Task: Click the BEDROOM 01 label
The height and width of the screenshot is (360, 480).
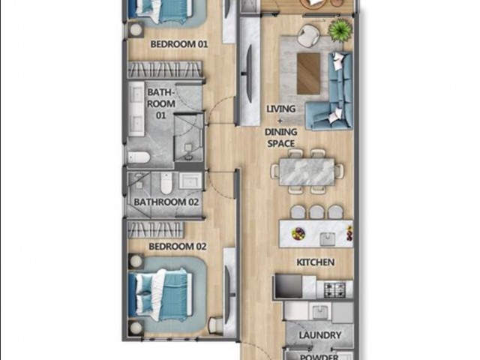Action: click(178, 44)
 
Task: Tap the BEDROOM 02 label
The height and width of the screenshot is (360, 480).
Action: click(178, 246)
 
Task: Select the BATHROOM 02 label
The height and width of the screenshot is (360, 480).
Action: click(166, 202)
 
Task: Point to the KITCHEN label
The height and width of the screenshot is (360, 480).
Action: click(315, 262)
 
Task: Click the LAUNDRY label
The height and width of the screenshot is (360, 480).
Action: click(320, 335)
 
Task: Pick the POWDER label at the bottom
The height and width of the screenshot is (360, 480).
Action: click(320, 355)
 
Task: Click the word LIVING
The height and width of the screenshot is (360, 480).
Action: click(281, 109)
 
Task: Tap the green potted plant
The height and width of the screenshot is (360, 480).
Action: click(341, 30)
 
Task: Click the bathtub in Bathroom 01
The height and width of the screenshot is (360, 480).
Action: click(138, 158)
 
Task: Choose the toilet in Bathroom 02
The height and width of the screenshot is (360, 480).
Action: click(166, 183)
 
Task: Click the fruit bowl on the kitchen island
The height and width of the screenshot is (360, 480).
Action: click(298, 233)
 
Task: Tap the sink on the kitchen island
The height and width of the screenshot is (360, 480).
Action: click(327, 238)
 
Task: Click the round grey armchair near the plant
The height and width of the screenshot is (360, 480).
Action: click(306, 34)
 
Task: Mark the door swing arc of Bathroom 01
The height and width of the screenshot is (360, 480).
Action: click(219, 112)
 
